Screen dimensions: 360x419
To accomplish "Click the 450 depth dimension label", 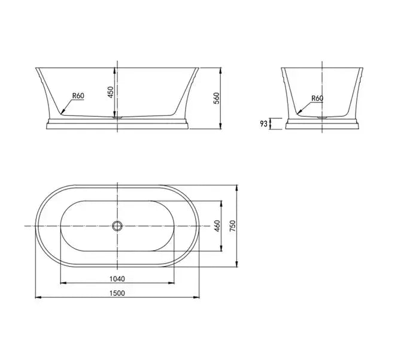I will coord(110,92).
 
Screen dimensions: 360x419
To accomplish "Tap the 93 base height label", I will coord(263,124).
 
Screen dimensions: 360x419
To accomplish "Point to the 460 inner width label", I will coord(217,226).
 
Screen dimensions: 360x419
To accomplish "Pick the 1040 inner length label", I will coord(117,278).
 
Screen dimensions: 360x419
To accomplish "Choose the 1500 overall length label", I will coord(117,293).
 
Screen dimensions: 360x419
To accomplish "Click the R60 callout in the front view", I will coord(78,95).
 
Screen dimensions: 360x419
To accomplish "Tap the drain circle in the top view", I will coord(117,226).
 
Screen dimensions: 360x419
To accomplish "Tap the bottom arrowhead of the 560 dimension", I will coord(221,128).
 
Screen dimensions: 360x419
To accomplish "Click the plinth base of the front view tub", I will coord(117,124).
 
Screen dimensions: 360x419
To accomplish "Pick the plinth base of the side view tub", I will coord(323,124).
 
